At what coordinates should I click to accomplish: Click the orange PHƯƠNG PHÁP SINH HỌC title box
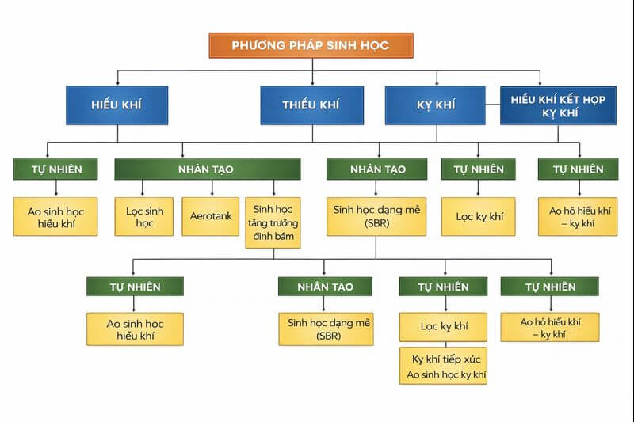(x=311, y=45)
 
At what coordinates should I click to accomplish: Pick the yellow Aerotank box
(x=211, y=216)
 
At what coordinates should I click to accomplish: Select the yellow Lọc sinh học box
(x=143, y=216)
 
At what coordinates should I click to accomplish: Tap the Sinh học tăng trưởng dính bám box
(x=273, y=222)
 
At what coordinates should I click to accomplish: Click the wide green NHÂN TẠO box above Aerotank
(x=208, y=169)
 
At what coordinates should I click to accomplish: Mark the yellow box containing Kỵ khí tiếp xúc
(x=443, y=365)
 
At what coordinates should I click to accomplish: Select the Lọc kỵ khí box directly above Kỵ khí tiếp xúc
(x=443, y=326)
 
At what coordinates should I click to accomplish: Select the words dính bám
(x=273, y=235)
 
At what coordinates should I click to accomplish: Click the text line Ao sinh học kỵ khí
(x=443, y=374)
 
